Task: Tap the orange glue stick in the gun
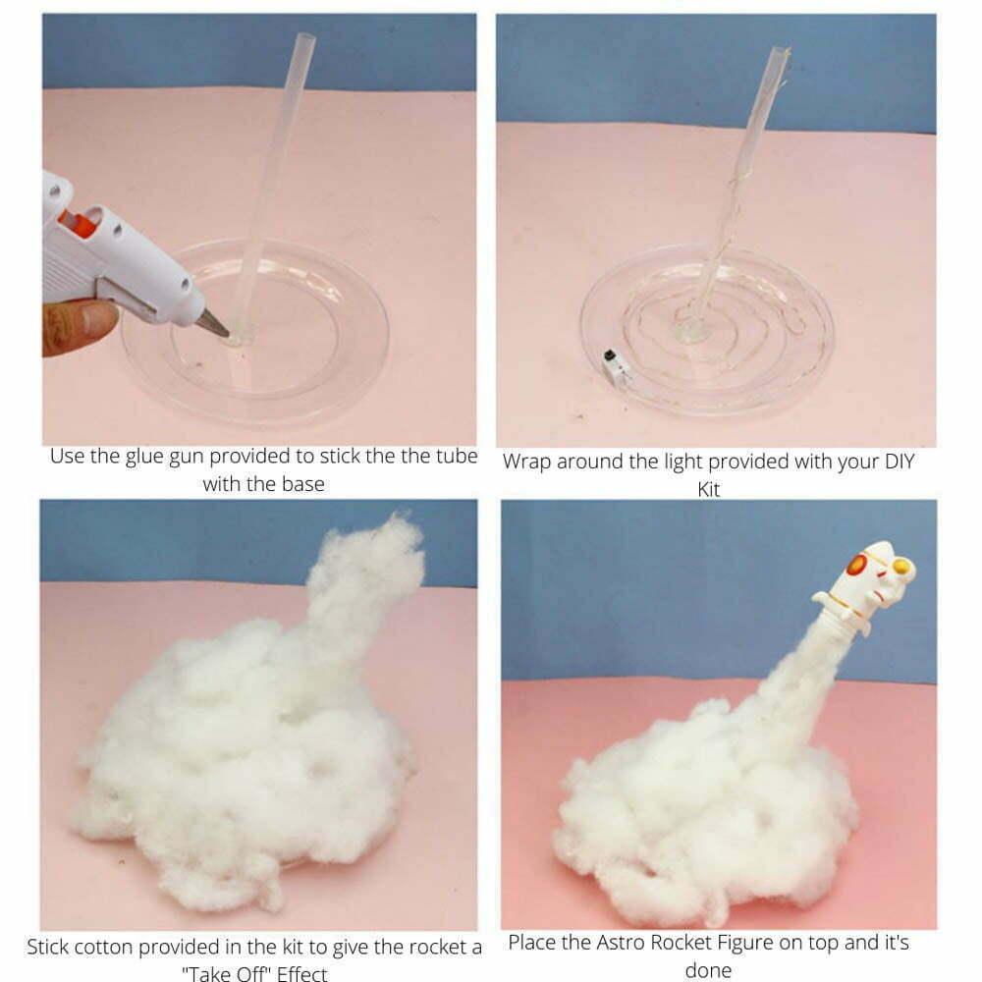pyautogui.click(x=79, y=222)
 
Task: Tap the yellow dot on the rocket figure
pyautogui.click(x=900, y=567)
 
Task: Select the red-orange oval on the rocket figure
pyautogui.click(x=855, y=564)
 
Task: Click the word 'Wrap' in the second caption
pyautogui.click(x=526, y=463)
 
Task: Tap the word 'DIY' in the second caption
pyautogui.click(x=900, y=461)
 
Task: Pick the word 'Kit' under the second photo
pyautogui.click(x=708, y=489)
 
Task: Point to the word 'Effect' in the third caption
pyautogui.click(x=301, y=973)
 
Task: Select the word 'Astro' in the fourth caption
pyautogui.click(x=621, y=942)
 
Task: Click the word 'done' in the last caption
pyautogui.click(x=708, y=970)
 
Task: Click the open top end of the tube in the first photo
pyautogui.click(x=305, y=36)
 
